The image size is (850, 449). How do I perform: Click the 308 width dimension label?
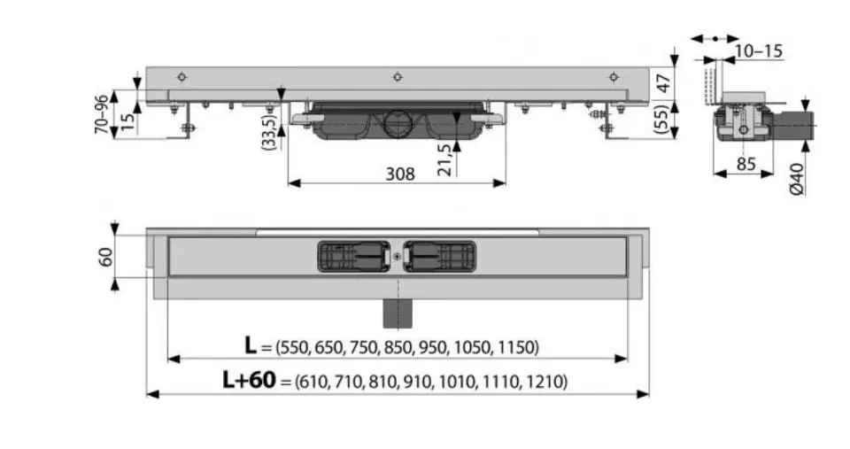pyautogui.click(x=400, y=174)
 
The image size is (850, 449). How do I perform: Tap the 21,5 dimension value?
pyautogui.click(x=444, y=160)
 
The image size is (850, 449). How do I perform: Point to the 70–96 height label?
pyautogui.click(x=101, y=114)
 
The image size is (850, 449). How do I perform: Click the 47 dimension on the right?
pyautogui.click(x=663, y=83)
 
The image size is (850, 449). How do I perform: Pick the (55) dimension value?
pyautogui.click(x=662, y=120)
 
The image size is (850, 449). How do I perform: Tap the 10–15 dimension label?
pyautogui.click(x=759, y=51)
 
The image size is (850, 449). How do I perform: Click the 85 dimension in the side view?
pyautogui.click(x=746, y=164)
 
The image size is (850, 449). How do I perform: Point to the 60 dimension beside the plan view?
pyautogui.click(x=105, y=257)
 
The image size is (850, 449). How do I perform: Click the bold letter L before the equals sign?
pyautogui.click(x=250, y=344)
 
